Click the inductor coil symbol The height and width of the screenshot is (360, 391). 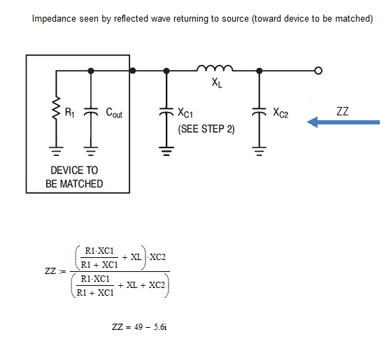[x=215, y=69]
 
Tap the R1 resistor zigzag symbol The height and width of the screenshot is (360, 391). [x=57, y=108]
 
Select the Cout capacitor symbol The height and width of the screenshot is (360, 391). [x=91, y=112]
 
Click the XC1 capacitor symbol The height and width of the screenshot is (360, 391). [x=166, y=112]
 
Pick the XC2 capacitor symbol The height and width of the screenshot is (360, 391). [x=260, y=112]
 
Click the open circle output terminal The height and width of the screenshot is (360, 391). [x=318, y=71]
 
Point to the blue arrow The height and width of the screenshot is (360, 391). [x=343, y=122]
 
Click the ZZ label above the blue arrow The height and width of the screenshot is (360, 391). [x=342, y=111]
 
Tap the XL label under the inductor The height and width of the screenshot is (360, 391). [x=217, y=82]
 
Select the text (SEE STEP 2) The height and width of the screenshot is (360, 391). [x=206, y=129]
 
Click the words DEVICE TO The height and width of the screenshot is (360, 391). [x=74, y=171]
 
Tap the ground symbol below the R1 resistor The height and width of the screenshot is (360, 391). [x=57, y=151]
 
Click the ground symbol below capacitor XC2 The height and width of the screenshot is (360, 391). [x=260, y=151]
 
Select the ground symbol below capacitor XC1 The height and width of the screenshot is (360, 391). [x=166, y=151]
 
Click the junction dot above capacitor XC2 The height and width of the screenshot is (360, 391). [x=260, y=71]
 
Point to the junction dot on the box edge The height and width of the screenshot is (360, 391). [x=133, y=71]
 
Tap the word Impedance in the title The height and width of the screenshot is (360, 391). [x=54, y=19]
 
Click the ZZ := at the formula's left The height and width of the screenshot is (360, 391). [x=55, y=271]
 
